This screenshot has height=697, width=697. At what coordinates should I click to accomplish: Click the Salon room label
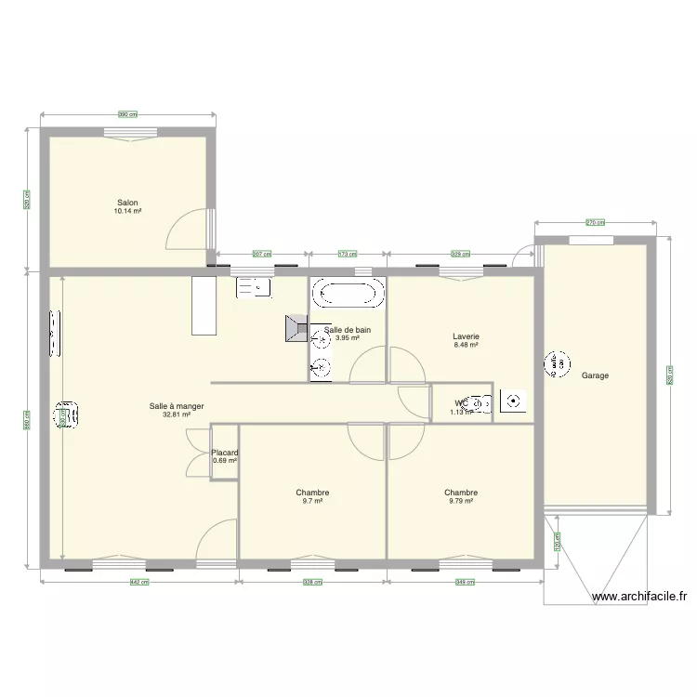(x=128, y=203)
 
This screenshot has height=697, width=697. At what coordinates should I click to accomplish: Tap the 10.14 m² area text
(x=128, y=211)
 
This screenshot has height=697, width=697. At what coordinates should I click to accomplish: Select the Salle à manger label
(x=177, y=406)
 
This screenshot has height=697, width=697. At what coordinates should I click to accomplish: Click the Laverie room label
(x=466, y=336)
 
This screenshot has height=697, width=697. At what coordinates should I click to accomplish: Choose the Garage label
(x=595, y=375)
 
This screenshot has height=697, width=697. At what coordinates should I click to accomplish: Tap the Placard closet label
(x=225, y=453)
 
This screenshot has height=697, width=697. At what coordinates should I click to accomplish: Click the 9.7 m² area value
(x=312, y=501)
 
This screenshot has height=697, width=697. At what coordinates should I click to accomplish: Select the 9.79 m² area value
(x=461, y=501)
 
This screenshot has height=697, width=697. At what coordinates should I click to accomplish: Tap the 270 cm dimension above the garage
(x=595, y=222)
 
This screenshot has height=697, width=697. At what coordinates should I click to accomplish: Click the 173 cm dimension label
(x=348, y=253)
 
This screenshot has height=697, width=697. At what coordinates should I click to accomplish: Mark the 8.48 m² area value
(x=466, y=345)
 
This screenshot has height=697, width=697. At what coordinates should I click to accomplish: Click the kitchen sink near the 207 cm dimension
(x=253, y=288)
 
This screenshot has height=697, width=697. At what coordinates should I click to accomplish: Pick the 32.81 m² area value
(x=177, y=414)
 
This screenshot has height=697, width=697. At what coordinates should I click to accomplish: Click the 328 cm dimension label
(x=313, y=583)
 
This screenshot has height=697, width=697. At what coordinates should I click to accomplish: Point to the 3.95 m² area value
(x=348, y=338)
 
